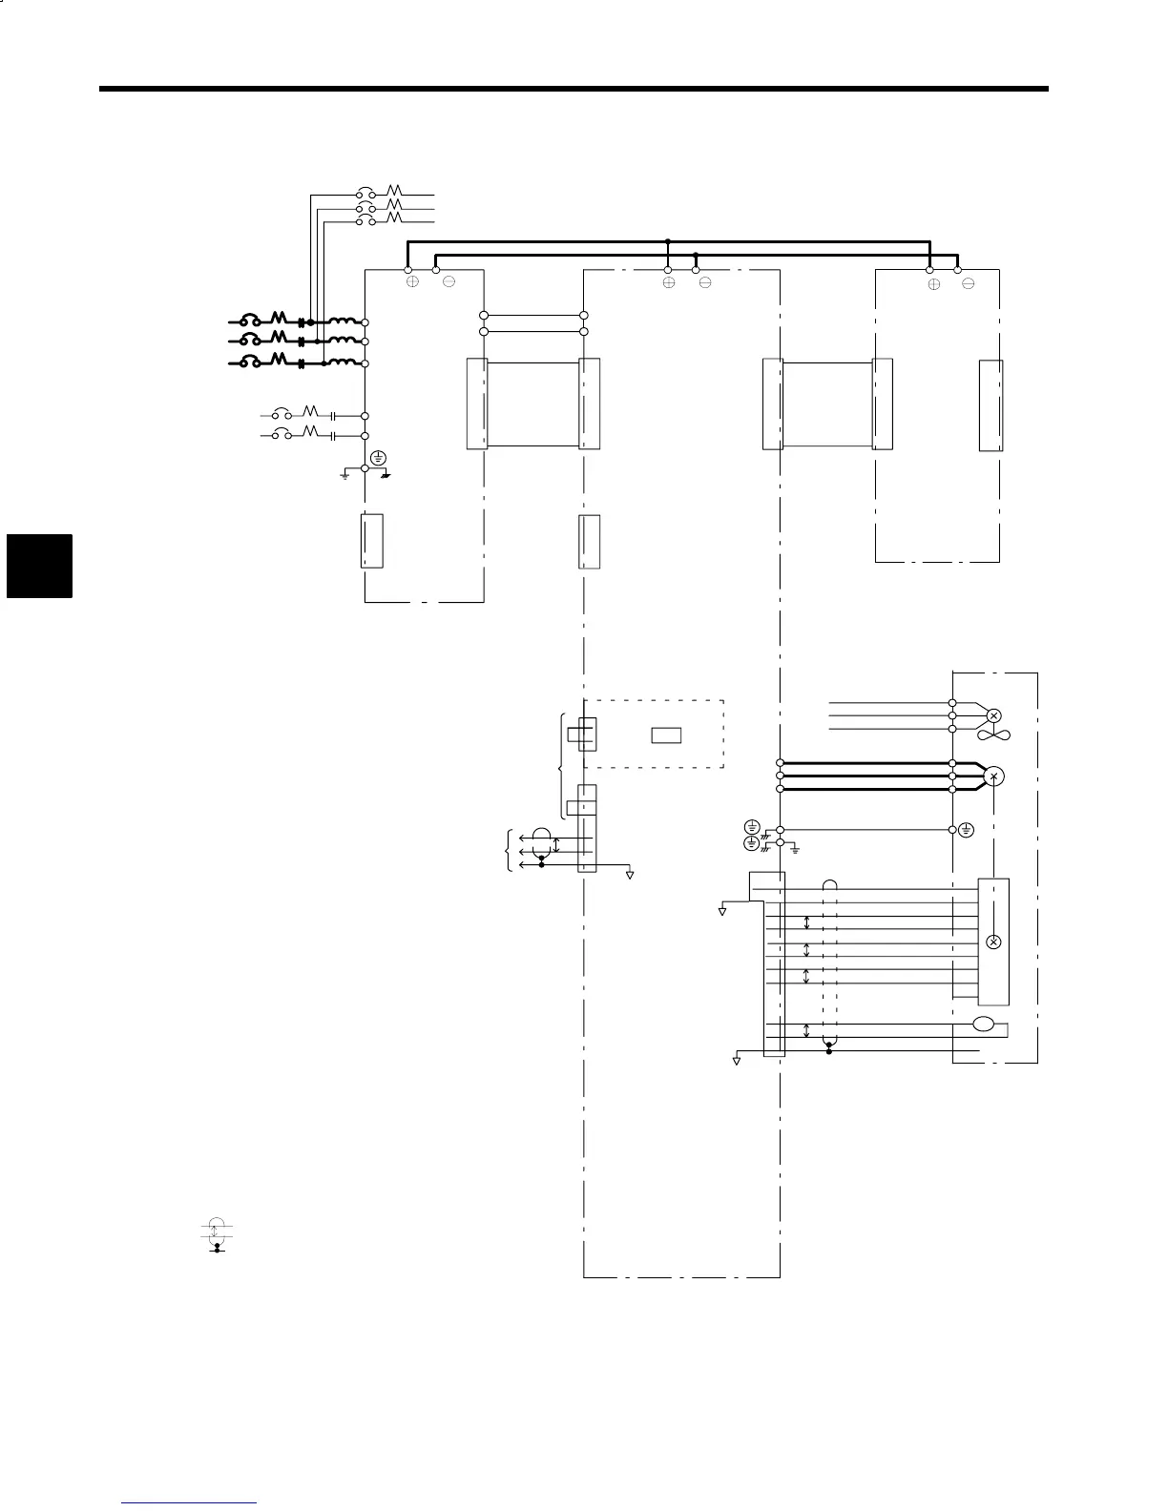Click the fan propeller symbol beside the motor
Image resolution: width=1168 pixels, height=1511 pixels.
(993, 735)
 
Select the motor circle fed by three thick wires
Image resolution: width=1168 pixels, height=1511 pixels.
(993, 776)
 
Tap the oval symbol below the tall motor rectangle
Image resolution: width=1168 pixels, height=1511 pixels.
(983, 1025)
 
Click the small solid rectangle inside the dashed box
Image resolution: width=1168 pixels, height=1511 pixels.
(666, 735)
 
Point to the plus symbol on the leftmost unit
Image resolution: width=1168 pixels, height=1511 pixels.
(412, 282)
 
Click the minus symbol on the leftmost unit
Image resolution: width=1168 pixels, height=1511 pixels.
(448, 282)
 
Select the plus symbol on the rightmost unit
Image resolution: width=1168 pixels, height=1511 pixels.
(934, 283)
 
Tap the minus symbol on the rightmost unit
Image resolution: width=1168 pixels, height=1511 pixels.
(969, 283)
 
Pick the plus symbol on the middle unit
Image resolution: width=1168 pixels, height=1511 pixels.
(669, 283)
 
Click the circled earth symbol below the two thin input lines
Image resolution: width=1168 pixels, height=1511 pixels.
(379, 457)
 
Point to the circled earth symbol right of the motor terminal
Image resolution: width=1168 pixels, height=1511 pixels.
(967, 830)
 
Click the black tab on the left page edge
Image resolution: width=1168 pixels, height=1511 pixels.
(39, 566)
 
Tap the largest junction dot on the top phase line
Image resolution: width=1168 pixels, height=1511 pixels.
(310, 322)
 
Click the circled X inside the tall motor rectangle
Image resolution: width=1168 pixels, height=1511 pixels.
(993, 942)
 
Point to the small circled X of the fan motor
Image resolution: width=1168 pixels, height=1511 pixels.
(993, 715)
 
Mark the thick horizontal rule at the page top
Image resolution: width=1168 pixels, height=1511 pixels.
(574, 90)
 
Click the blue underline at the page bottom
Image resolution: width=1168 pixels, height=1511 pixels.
(189, 1503)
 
